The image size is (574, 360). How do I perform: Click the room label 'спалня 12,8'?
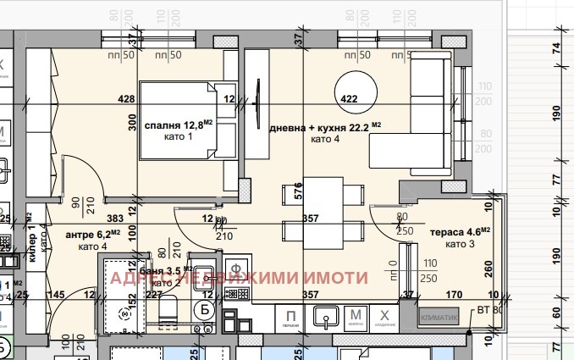coord(176,126)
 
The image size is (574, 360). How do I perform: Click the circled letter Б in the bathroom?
coord(203,310)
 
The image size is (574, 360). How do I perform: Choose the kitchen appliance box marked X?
coord(386,318)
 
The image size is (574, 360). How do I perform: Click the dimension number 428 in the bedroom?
coord(127,99)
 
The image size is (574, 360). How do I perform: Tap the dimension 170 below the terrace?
coord(454,295)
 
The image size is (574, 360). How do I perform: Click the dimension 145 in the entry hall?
coord(58,295)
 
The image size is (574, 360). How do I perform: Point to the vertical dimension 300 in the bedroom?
coord(132,123)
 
